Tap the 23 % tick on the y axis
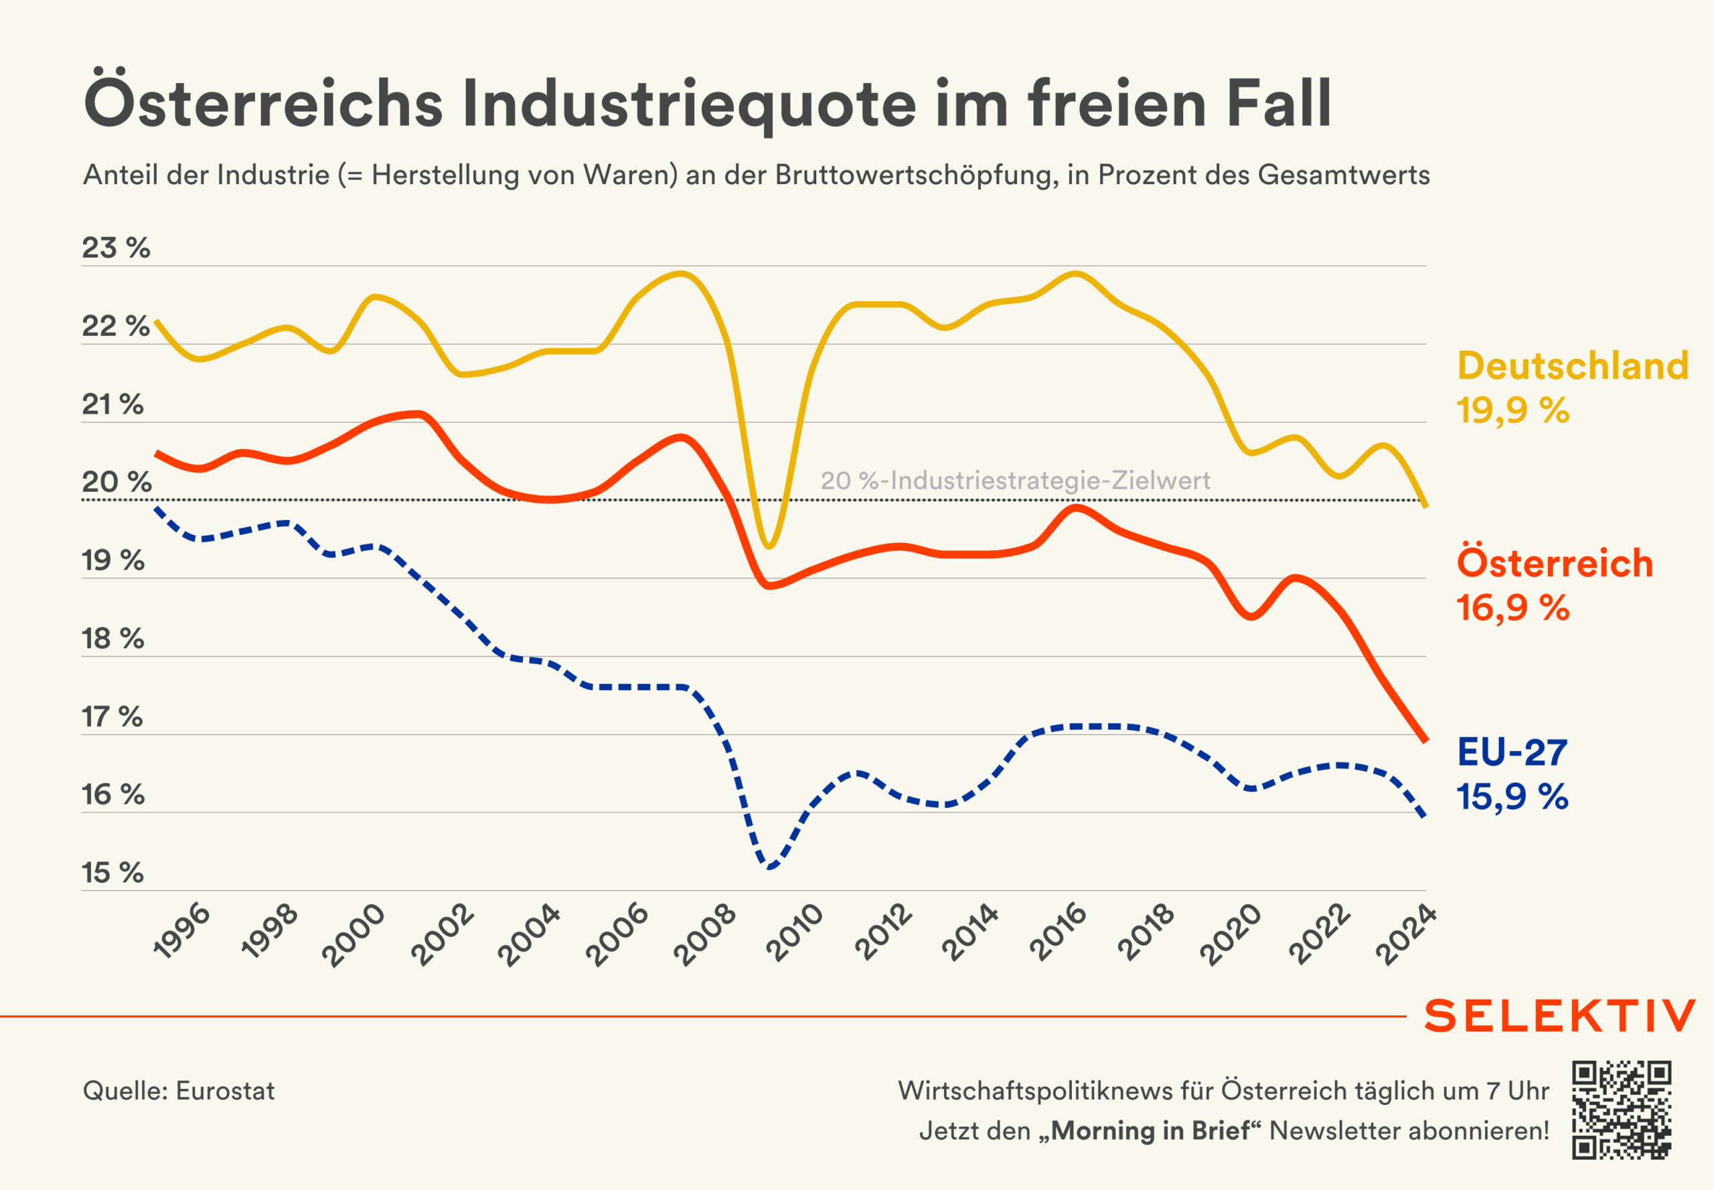[x=116, y=248]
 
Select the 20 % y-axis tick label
[x=116, y=483]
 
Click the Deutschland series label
[x=1572, y=366]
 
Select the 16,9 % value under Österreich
[x=1512, y=608]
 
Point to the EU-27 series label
[x=1512, y=752]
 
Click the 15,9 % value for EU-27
[x=1512, y=796]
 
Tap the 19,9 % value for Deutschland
[x=1512, y=410]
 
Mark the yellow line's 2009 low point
[x=769, y=547]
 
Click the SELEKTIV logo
[x=1559, y=1015]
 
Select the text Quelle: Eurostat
[x=179, y=1091]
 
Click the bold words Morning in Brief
[x=1150, y=1131]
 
